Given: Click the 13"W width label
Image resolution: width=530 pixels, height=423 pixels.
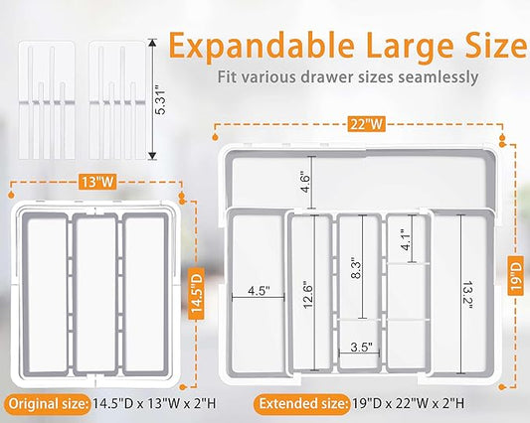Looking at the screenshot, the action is [97, 182].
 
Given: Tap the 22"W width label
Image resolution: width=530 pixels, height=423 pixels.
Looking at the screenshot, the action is [367, 124].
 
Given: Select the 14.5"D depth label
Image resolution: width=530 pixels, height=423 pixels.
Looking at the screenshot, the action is [196, 293].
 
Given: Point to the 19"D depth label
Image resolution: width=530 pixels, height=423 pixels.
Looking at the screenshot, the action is [515, 275].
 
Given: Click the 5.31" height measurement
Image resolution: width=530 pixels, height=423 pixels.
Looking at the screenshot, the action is [161, 100].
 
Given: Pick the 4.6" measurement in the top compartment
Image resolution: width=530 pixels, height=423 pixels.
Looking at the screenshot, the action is [305, 184].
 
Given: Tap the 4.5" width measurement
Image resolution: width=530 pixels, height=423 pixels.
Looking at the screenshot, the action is [259, 291].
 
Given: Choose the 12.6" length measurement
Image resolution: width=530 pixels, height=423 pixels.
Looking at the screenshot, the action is [308, 294].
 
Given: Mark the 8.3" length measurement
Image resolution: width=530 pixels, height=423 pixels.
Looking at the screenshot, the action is [356, 269].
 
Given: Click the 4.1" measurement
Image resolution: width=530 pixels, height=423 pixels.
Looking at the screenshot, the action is [406, 239].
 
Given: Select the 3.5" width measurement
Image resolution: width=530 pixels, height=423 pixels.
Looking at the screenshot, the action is [361, 347].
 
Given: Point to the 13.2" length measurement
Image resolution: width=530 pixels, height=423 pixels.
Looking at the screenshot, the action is [467, 294].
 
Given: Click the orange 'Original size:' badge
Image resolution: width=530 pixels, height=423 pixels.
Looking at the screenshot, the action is [49, 404].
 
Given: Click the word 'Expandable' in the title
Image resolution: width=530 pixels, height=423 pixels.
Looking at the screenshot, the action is [262, 47].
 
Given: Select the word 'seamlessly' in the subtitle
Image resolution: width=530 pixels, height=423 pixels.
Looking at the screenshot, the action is [439, 77].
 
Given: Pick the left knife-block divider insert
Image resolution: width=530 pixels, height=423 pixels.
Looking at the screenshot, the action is [47, 100].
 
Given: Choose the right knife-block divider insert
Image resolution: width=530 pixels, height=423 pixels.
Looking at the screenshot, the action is [117, 100].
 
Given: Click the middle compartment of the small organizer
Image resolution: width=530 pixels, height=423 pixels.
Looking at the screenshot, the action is [95, 294].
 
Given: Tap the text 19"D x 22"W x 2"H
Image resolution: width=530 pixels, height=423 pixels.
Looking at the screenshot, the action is [409, 403].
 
